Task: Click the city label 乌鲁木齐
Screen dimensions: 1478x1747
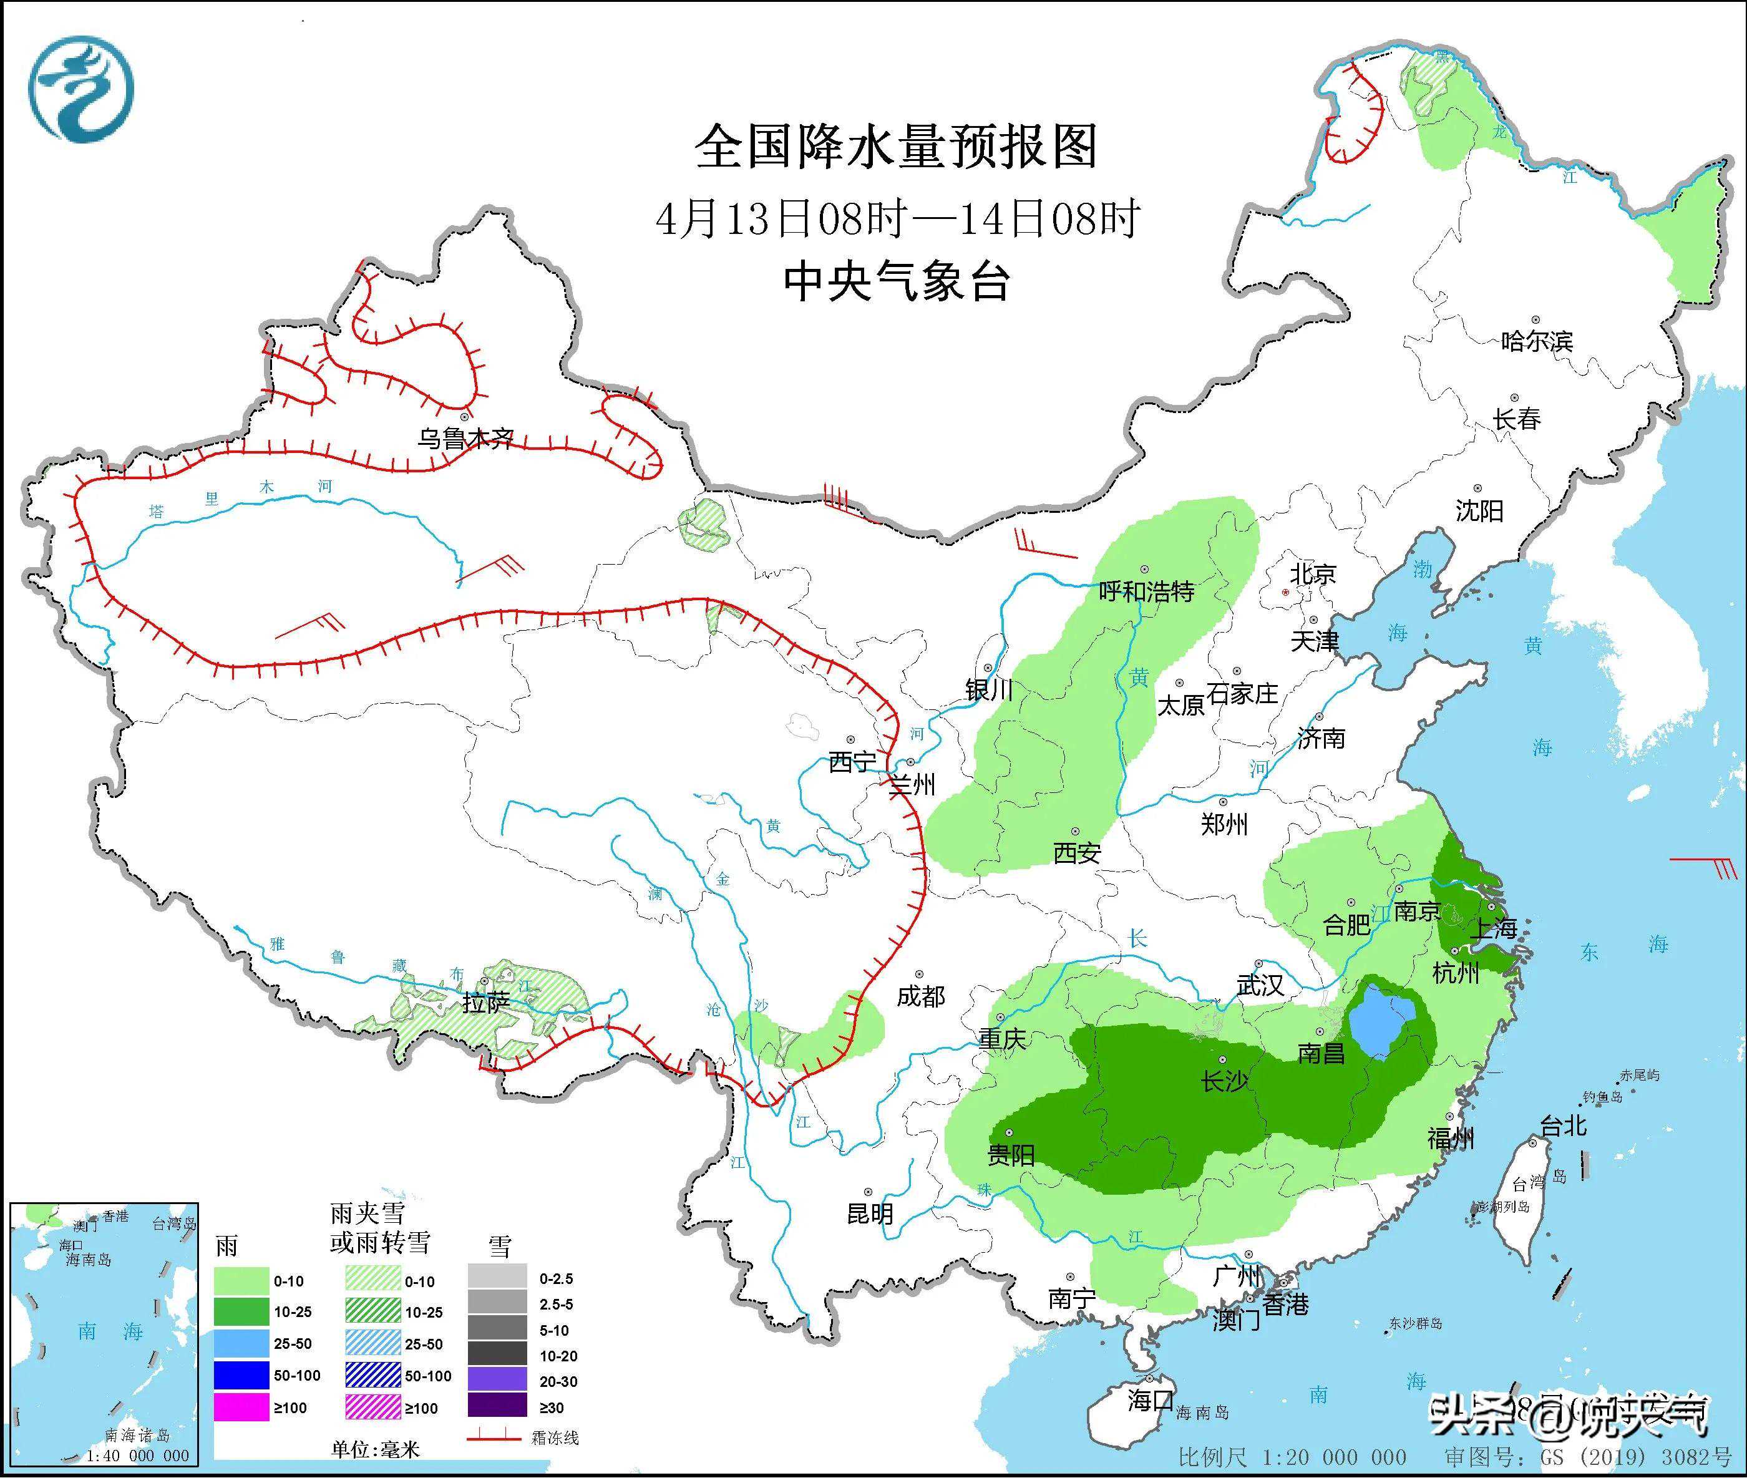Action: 466,438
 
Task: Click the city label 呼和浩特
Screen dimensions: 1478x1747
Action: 1146,591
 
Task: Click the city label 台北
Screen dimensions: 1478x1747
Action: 1564,1126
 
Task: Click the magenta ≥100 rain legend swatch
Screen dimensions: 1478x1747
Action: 241,1407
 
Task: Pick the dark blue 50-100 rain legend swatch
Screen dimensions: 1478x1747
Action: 241,1375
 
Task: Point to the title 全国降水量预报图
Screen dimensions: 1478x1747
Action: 896,147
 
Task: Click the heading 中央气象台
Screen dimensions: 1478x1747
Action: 896,281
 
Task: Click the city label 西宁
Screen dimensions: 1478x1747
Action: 851,762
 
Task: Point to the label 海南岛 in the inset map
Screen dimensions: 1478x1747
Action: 89,1259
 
